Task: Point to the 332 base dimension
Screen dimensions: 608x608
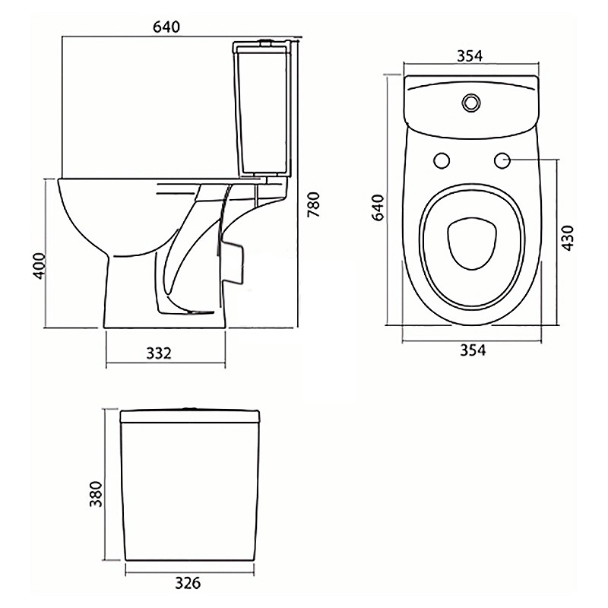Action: (x=160, y=353)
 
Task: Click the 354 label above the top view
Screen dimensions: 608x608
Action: (x=471, y=56)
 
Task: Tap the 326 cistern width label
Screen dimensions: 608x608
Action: (x=187, y=584)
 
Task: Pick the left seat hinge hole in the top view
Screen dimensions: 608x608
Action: (x=442, y=160)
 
